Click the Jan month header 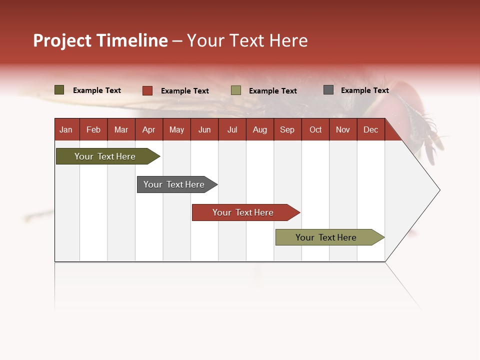(66, 129)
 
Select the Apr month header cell (149, 129)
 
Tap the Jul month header (232, 129)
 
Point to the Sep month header (287, 129)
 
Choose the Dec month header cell (370, 129)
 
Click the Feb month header (93, 129)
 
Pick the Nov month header (343, 129)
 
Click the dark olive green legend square (59, 90)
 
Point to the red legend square (147, 90)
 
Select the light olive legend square (236, 90)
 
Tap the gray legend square (328, 90)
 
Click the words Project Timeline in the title (100, 40)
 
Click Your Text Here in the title (247, 40)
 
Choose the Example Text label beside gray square (364, 90)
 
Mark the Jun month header (204, 129)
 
